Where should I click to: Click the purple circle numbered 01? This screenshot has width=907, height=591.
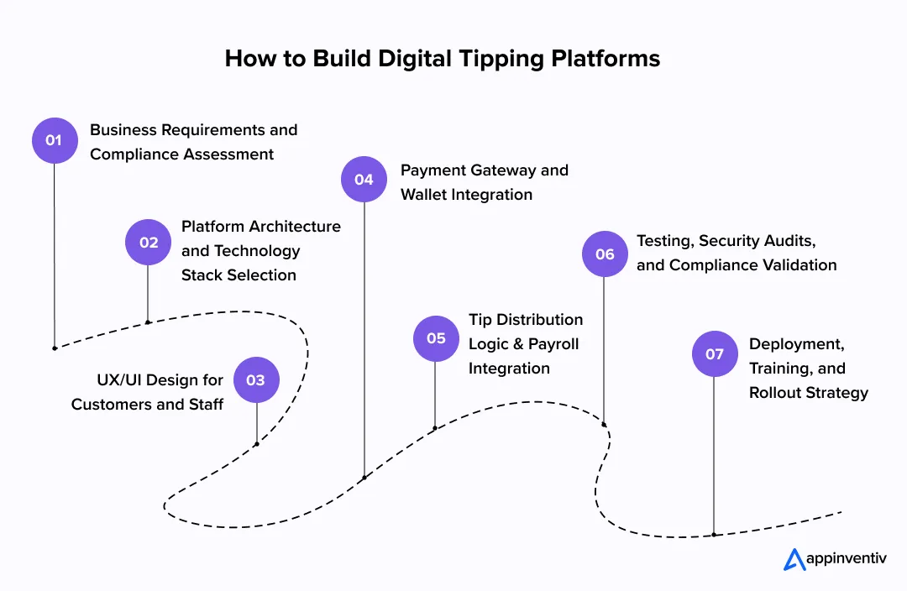pyautogui.click(x=55, y=140)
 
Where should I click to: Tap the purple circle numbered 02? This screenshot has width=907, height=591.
pyautogui.click(x=148, y=242)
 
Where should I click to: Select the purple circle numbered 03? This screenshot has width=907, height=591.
pyautogui.click(x=256, y=379)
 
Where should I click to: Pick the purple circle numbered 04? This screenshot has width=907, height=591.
pyautogui.click(x=364, y=179)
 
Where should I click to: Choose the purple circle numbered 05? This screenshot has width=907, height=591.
pyautogui.click(x=436, y=338)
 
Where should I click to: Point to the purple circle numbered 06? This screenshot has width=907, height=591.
pyautogui.click(x=605, y=254)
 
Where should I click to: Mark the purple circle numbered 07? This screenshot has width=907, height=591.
pyautogui.click(x=714, y=353)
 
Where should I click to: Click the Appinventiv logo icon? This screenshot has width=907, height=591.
pyautogui.click(x=794, y=559)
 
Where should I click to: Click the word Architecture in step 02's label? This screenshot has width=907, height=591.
pyautogui.click(x=295, y=227)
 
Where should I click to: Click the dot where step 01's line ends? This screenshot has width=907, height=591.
pyautogui.click(x=55, y=348)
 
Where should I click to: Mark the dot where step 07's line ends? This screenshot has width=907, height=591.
pyautogui.click(x=714, y=535)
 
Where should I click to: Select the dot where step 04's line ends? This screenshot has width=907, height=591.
pyautogui.click(x=364, y=479)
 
